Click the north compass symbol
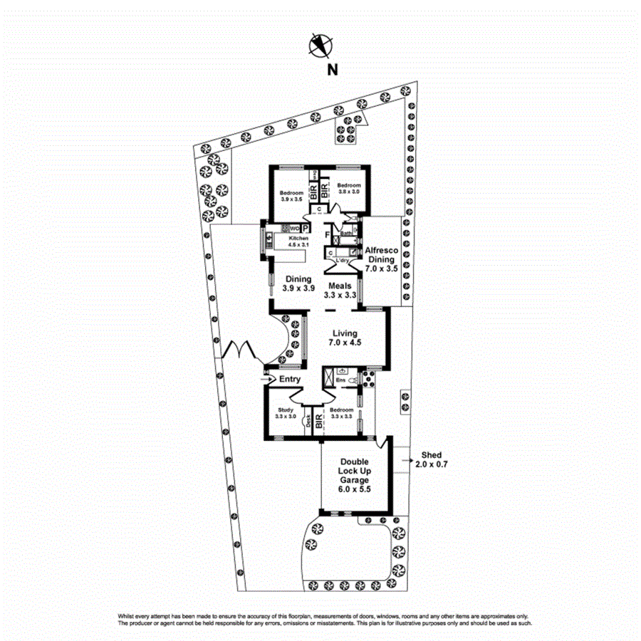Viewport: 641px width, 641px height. point(320,46)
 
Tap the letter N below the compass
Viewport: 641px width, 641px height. point(331,69)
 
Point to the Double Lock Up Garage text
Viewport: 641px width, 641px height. point(354,476)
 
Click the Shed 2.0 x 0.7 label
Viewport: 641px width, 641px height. point(432,459)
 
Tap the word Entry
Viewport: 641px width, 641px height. point(289,380)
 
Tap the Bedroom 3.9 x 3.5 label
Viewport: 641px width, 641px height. point(291,197)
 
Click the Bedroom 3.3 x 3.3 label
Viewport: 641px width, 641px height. point(341,413)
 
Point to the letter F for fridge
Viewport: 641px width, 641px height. point(327,234)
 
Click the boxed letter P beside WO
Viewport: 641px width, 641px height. point(305,228)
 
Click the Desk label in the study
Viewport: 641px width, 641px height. point(308,422)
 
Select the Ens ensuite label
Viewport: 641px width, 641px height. point(340,381)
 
